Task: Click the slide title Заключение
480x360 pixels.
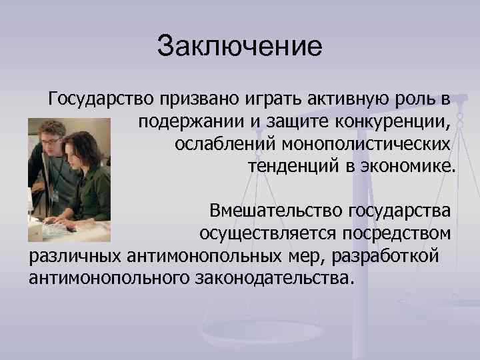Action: [x=239, y=47]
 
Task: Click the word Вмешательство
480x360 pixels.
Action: [x=275, y=212]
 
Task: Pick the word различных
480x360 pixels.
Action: [x=75, y=255]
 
